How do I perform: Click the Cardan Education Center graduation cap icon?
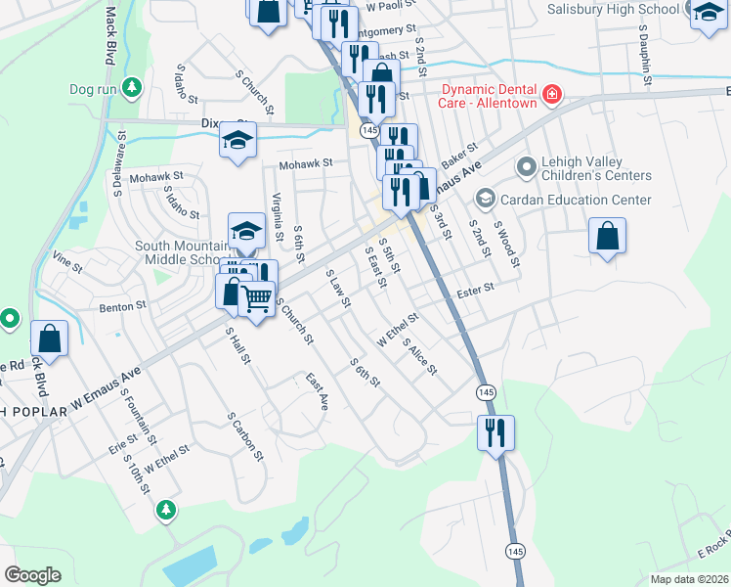(484, 200)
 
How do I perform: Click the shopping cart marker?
(257, 296)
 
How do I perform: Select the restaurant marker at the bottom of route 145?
(495, 430)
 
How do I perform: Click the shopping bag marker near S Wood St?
(607, 236)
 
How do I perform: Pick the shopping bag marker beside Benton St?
(48, 339)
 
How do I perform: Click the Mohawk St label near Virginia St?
(306, 163)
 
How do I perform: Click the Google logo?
(32, 575)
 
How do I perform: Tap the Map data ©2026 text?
(690, 579)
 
